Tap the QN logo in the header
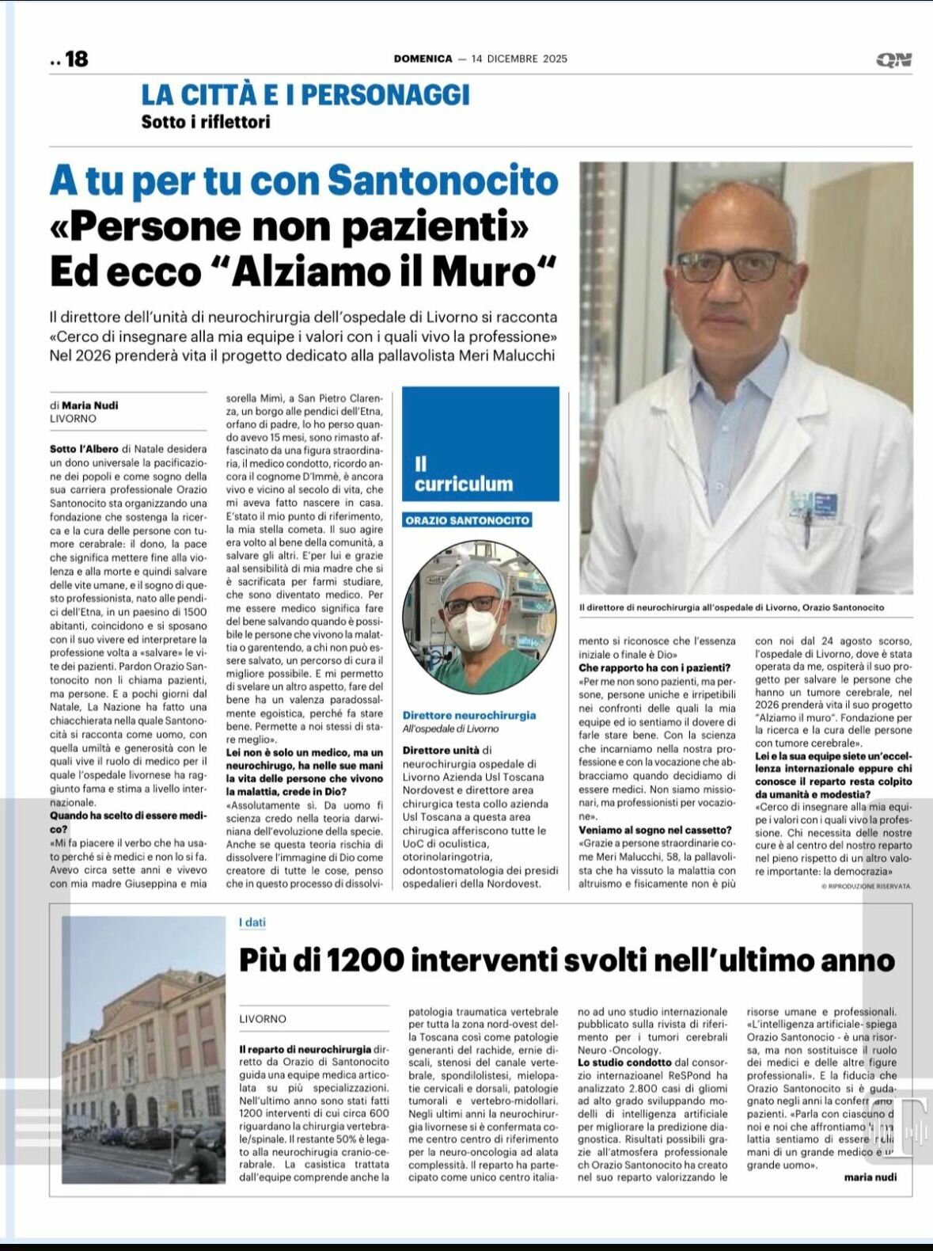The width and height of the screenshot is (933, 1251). pos(893,59)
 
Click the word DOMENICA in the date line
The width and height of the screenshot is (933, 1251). pos(423,59)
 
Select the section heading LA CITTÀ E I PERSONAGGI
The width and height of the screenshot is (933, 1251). pos(305,95)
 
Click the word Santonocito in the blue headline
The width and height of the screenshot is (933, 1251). pos(443,180)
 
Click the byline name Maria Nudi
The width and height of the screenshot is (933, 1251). pos(90,405)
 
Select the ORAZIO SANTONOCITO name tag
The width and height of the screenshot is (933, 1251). pos(467,520)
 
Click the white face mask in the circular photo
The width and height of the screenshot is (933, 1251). pos(477,623)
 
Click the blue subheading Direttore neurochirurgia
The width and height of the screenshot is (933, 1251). pos(469,715)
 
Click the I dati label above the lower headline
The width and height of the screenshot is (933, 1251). pos(252,922)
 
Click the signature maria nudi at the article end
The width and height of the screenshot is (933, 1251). pos(870,1177)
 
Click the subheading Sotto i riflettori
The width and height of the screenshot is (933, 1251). pos(206,122)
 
